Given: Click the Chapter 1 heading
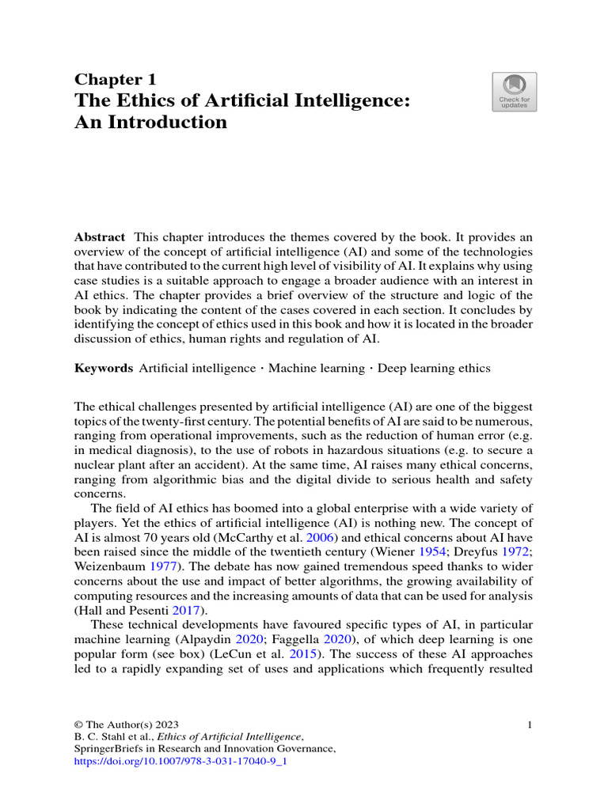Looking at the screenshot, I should (x=116, y=80).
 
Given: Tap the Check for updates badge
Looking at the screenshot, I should (x=514, y=92).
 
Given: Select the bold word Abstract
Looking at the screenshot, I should (x=100, y=237).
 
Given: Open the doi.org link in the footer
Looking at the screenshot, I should (x=180, y=762).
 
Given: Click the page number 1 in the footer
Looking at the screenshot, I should (x=530, y=724).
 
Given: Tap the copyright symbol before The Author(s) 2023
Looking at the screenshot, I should (x=78, y=724).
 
